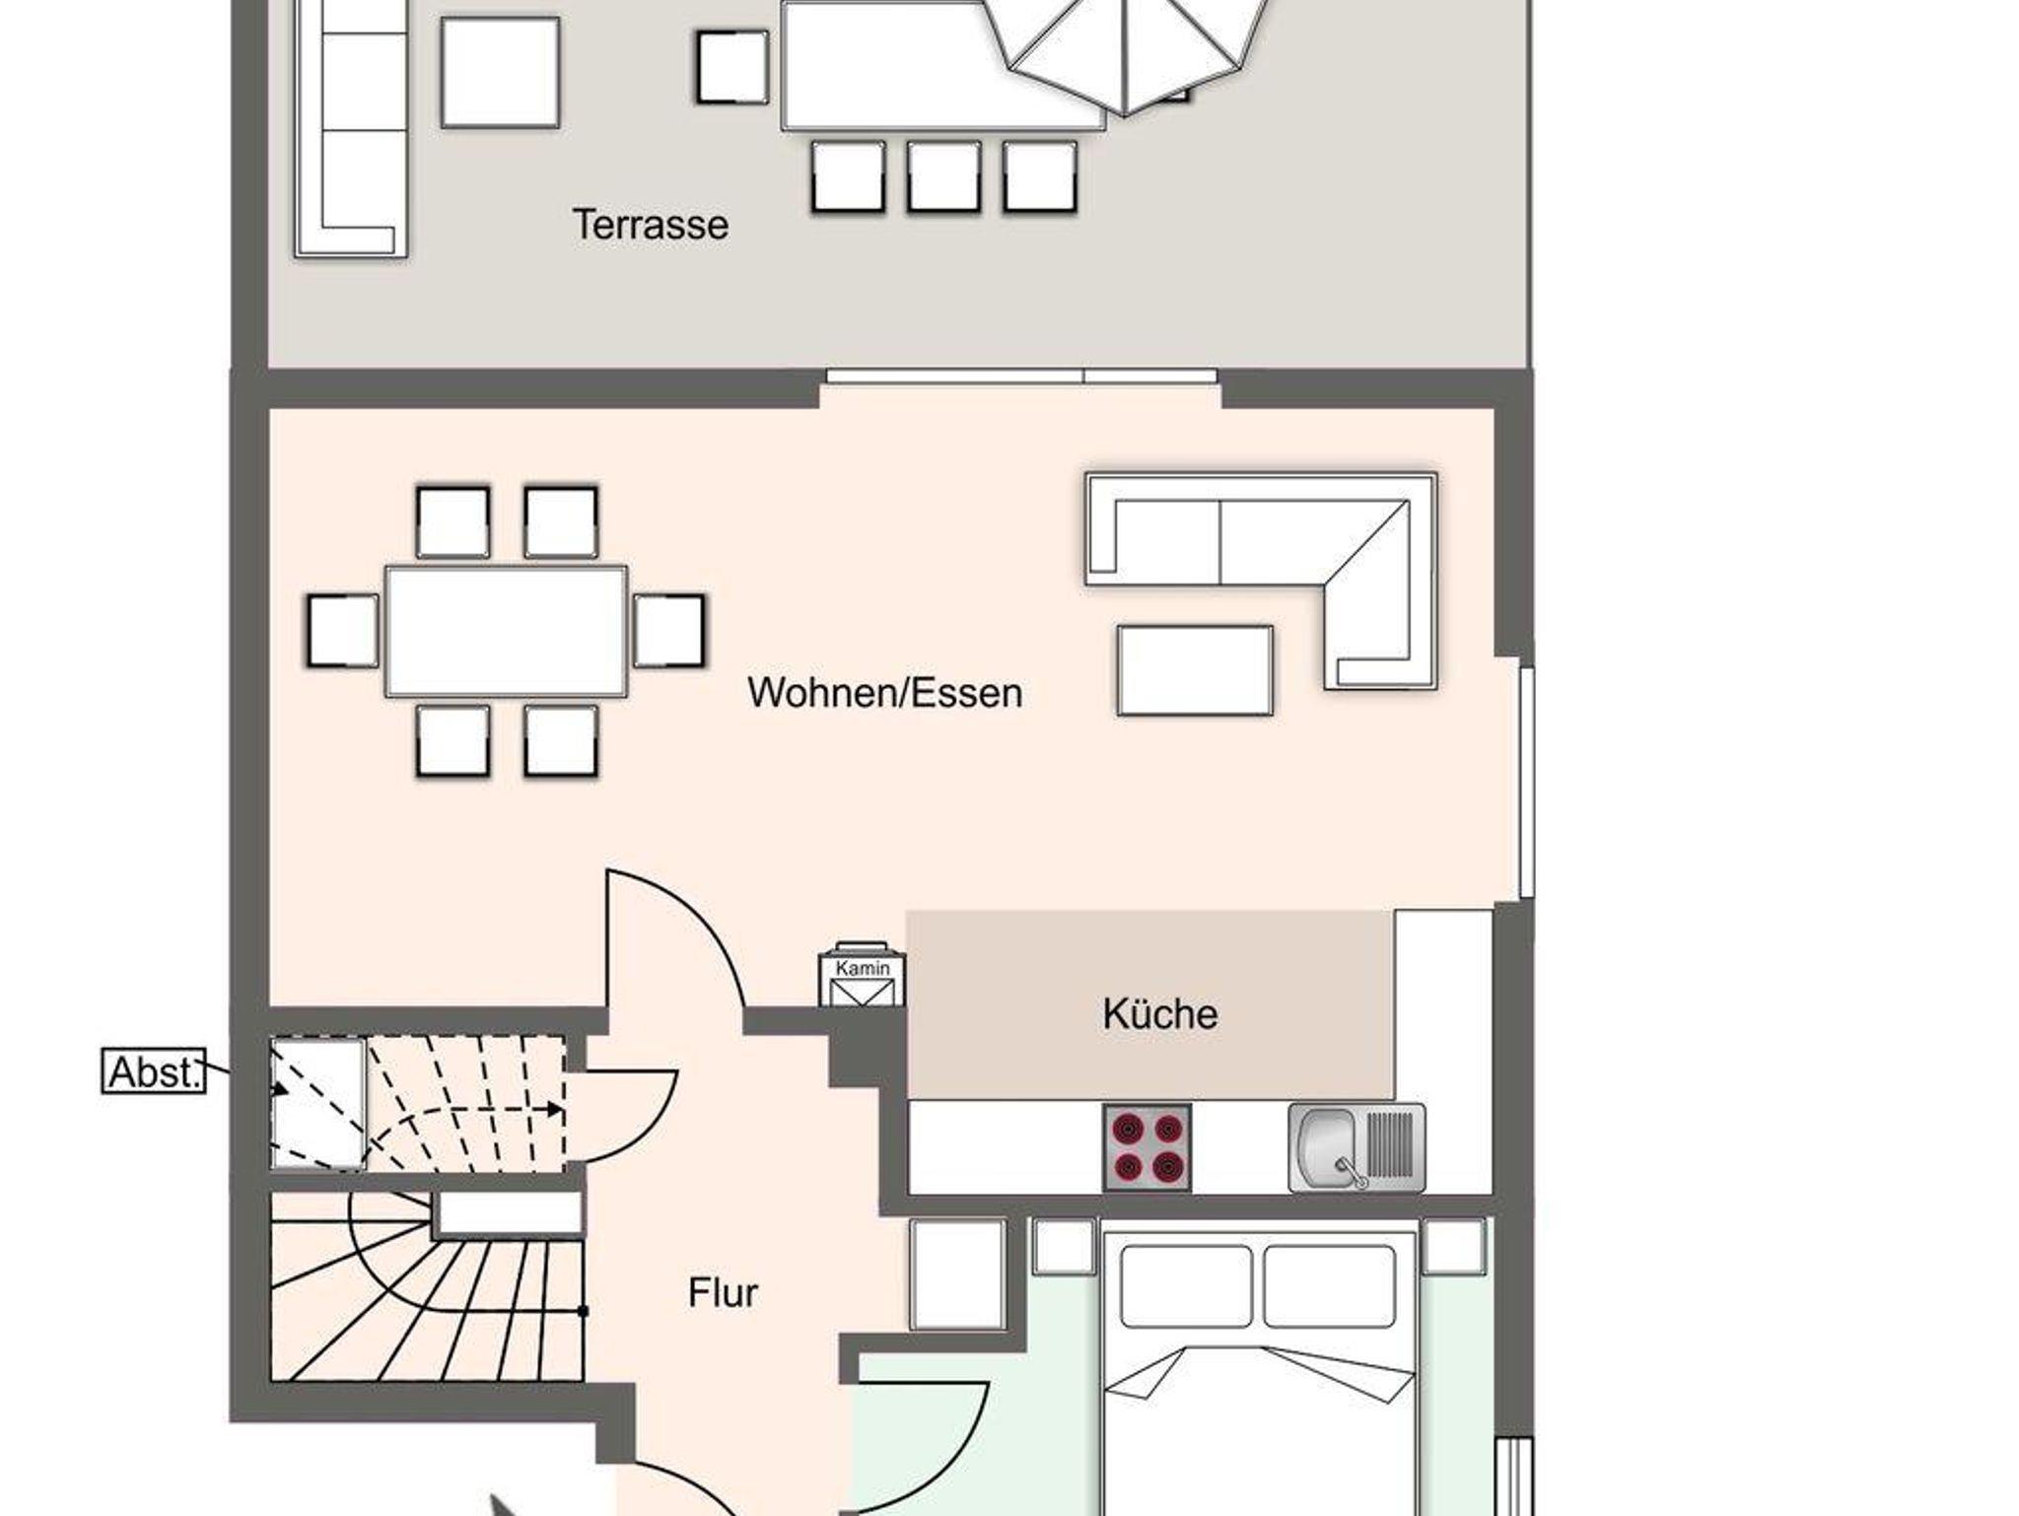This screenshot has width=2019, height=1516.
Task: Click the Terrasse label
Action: click(651, 225)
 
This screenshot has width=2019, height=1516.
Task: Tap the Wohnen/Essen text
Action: click(884, 693)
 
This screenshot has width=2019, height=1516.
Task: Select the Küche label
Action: click(1159, 1013)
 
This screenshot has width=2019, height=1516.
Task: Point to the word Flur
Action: click(723, 1293)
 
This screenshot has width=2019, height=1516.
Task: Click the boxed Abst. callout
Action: click(154, 1071)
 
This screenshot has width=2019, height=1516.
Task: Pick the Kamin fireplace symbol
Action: click(862, 976)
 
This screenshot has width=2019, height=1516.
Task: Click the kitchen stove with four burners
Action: click(1147, 1147)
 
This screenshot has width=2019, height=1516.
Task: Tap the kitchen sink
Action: click(1357, 1147)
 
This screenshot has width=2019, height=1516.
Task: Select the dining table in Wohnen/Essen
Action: click(506, 631)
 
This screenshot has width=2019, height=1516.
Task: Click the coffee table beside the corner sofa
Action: click(1195, 670)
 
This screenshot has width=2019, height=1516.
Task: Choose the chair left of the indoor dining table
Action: click(343, 631)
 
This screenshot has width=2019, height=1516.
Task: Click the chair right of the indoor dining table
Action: click(668, 631)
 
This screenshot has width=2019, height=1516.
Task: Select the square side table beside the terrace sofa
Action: click(500, 72)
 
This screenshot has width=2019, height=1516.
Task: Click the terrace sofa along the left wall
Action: click(351, 128)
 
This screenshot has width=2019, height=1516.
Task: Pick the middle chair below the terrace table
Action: click(943, 177)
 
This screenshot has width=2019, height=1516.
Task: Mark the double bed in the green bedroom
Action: click(1260, 1370)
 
